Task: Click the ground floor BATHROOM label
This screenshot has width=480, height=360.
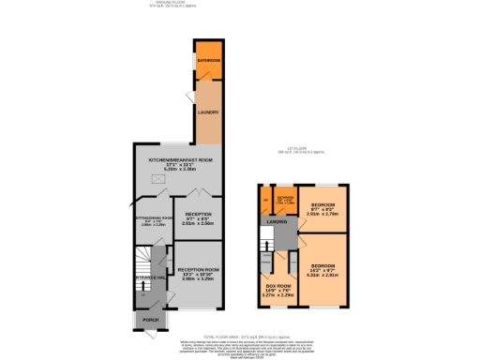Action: pyautogui.click(x=208, y=60)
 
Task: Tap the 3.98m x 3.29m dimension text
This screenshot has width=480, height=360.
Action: pyautogui.click(x=198, y=278)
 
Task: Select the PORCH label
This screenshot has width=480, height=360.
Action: pyautogui.click(x=150, y=319)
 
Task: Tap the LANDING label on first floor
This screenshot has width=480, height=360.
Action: pyautogui.click(x=276, y=221)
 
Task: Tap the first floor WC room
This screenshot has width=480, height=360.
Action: pyautogui.click(x=265, y=200)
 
